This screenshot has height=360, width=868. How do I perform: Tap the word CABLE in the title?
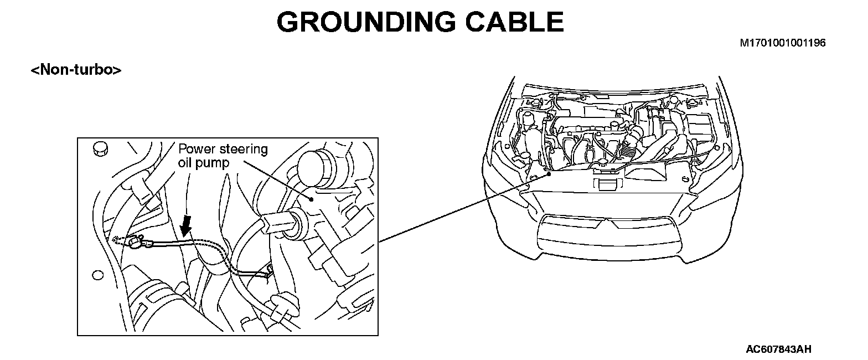(x=512, y=22)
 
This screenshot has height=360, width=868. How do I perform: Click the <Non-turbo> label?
(x=76, y=70)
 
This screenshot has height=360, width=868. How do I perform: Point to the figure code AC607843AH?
(x=779, y=349)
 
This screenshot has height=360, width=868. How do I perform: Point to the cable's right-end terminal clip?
(x=268, y=271)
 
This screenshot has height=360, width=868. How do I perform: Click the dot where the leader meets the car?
(x=549, y=173)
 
